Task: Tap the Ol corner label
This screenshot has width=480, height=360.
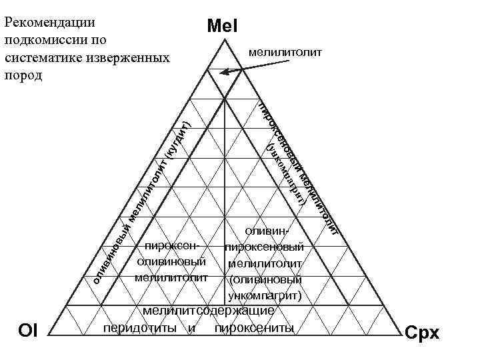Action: point(28,331)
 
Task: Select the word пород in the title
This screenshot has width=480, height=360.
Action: point(22,74)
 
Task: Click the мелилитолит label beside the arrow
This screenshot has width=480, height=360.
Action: point(285,51)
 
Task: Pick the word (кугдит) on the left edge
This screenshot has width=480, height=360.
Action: point(178,137)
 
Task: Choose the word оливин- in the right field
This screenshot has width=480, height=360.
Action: point(267,231)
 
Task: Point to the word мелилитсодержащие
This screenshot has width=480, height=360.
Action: point(208,311)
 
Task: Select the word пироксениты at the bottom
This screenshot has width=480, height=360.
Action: point(254,328)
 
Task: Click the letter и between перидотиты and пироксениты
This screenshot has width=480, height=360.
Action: point(191,328)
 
